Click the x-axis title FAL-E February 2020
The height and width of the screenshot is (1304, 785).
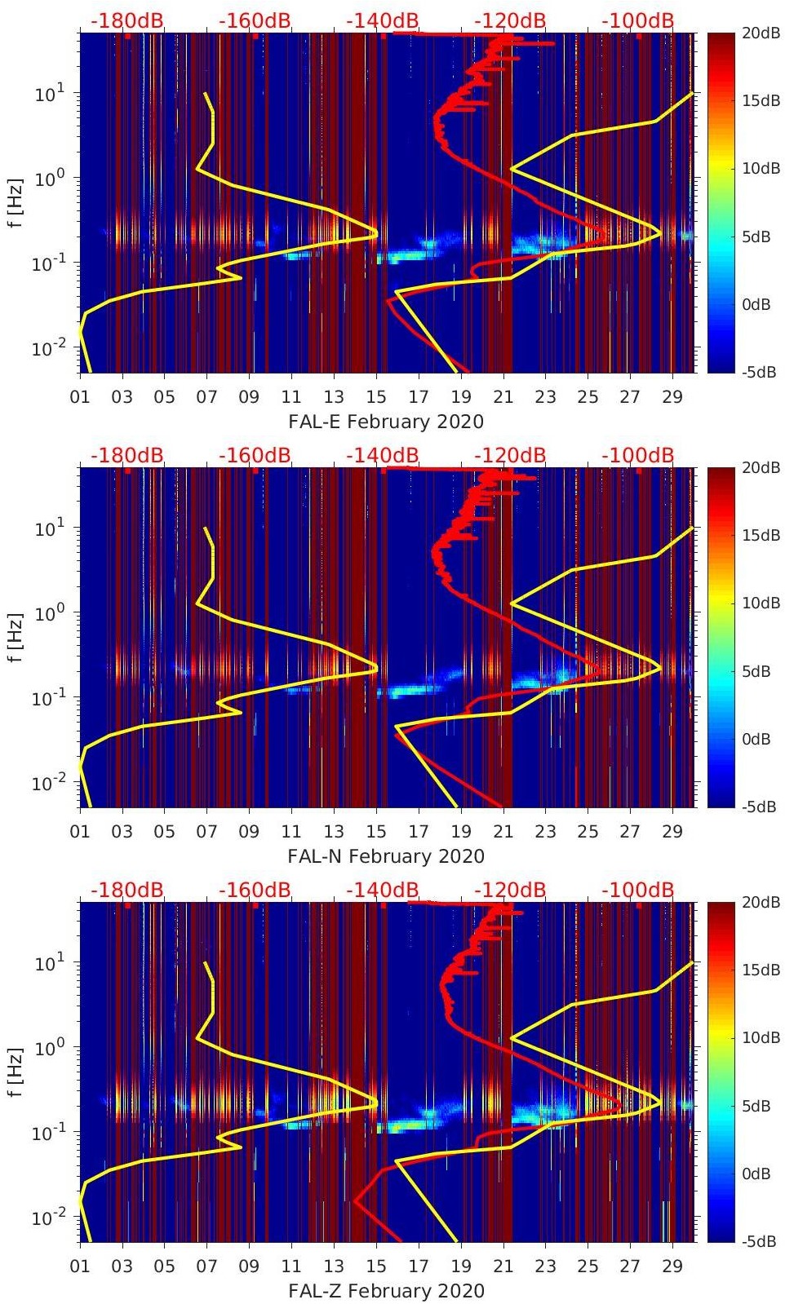(x=386, y=422)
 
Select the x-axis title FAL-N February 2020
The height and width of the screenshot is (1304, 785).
(x=386, y=856)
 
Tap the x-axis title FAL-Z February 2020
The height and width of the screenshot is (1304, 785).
(x=386, y=1291)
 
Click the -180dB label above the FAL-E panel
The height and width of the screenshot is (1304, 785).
(x=126, y=20)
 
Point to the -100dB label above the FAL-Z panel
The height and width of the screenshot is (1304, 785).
(x=638, y=890)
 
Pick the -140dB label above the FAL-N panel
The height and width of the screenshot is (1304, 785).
(x=382, y=455)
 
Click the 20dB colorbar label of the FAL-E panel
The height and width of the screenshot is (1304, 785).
(x=761, y=33)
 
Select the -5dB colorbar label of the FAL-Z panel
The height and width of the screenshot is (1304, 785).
(x=759, y=1241)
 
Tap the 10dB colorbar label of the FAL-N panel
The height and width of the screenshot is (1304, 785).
(x=761, y=603)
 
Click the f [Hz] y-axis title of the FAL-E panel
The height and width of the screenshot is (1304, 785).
(x=16, y=202)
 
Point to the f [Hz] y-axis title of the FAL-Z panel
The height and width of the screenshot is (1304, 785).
(x=16, y=1072)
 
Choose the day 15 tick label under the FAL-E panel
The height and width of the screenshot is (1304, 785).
(x=375, y=397)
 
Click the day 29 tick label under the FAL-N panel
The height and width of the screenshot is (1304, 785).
(x=672, y=832)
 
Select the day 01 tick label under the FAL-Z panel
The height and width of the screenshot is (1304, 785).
(x=80, y=1266)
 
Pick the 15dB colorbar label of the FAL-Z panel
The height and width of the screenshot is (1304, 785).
(x=761, y=970)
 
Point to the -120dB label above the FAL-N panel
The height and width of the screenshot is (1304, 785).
(x=510, y=455)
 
